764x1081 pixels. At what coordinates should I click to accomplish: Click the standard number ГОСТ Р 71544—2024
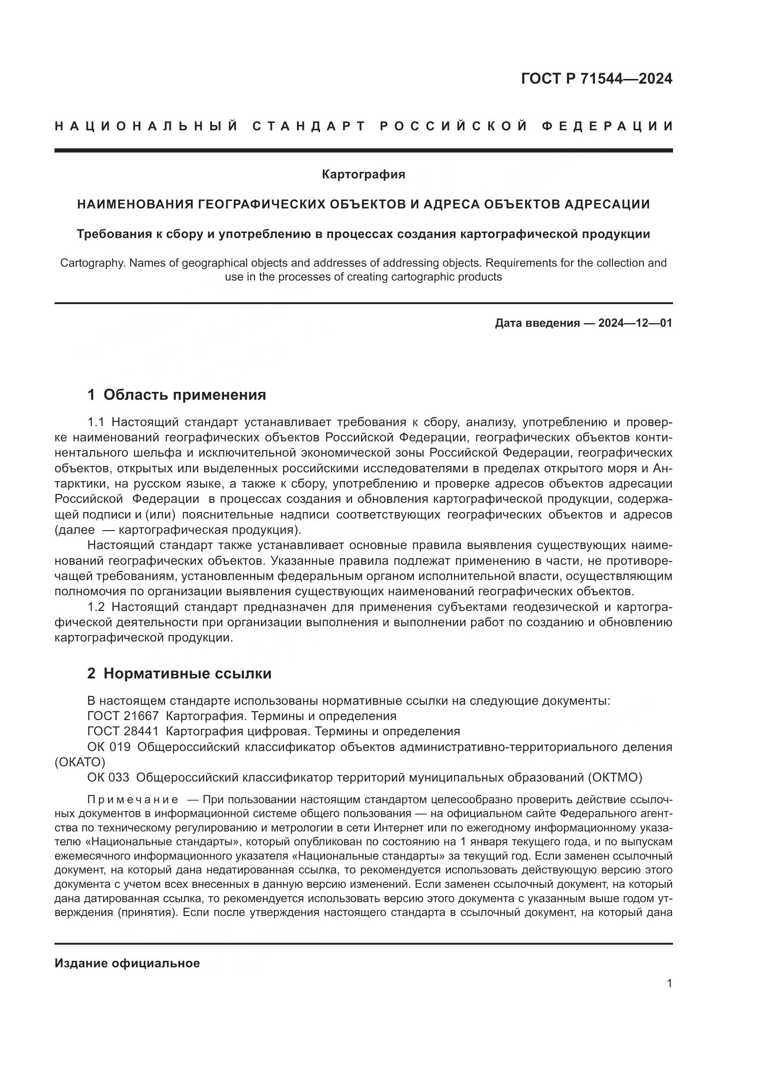click(x=596, y=79)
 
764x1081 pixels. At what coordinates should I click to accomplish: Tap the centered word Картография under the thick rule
click(x=363, y=175)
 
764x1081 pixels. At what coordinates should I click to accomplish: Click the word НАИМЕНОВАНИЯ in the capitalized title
click(x=135, y=204)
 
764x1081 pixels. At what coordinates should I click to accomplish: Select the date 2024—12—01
click(x=635, y=323)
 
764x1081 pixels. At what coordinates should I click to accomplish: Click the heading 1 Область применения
click(x=176, y=395)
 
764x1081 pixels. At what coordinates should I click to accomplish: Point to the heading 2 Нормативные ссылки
click(x=179, y=674)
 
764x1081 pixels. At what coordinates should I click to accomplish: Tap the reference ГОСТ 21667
click(x=123, y=716)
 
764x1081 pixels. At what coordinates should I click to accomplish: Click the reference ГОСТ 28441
click(x=123, y=731)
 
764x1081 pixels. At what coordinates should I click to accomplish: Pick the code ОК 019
click(x=109, y=747)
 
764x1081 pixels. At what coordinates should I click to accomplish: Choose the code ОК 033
click(x=108, y=777)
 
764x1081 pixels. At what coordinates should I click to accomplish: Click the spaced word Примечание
click(x=132, y=800)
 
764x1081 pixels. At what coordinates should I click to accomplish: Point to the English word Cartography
click(x=93, y=263)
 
